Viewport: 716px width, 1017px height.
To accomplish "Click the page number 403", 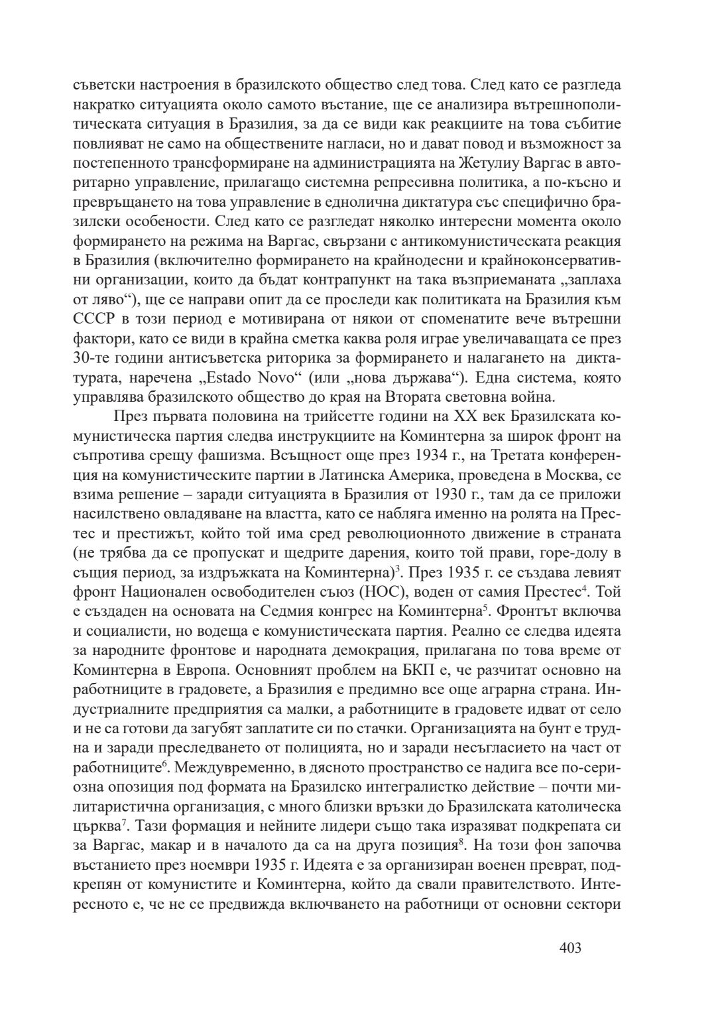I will [x=570, y=947].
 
